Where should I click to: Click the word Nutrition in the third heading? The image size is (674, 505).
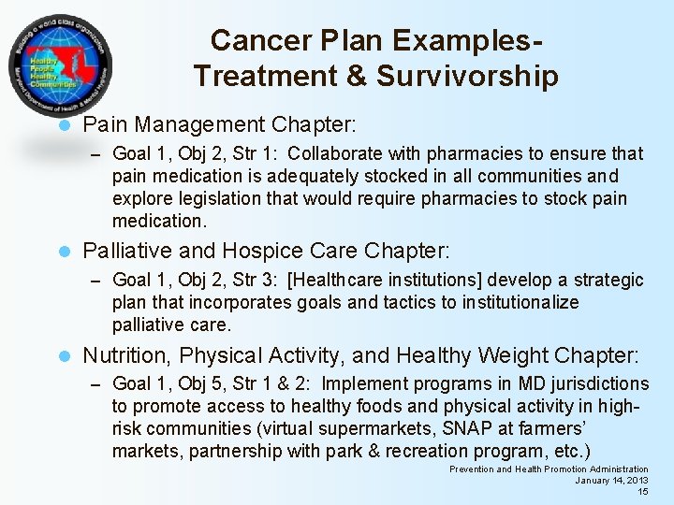click(x=126, y=356)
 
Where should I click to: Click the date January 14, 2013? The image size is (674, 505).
click(x=611, y=481)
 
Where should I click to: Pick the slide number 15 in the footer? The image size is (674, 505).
click(x=642, y=492)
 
